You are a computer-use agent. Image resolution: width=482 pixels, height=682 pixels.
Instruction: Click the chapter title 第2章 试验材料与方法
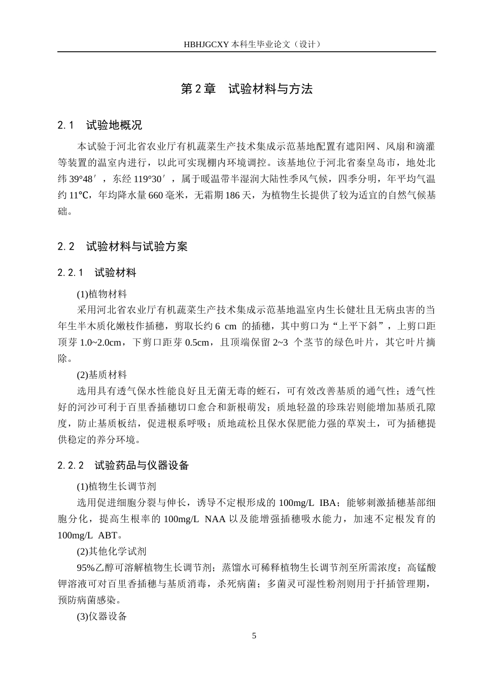click(x=247, y=89)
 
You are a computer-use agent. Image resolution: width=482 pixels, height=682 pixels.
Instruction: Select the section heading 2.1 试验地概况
click(x=100, y=125)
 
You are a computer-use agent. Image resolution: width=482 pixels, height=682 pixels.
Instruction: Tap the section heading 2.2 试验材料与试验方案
click(x=122, y=247)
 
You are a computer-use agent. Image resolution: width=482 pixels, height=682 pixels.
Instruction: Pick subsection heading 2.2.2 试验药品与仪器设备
click(x=123, y=465)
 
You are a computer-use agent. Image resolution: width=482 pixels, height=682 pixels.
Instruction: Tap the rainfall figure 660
click(x=155, y=195)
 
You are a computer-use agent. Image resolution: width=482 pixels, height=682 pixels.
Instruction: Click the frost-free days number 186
click(x=232, y=195)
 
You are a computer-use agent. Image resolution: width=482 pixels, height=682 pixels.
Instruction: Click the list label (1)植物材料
click(x=102, y=294)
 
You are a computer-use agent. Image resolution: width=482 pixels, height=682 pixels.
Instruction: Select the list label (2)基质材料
click(x=102, y=375)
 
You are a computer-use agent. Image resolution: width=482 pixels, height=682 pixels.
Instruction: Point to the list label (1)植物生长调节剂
click(x=116, y=487)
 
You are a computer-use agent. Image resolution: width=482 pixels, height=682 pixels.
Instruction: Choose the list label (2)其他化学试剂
click(x=112, y=552)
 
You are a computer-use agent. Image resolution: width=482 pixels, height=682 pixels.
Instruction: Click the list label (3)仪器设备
click(x=102, y=617)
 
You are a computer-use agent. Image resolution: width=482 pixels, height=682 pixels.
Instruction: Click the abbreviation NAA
click(x=215, y=519)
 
